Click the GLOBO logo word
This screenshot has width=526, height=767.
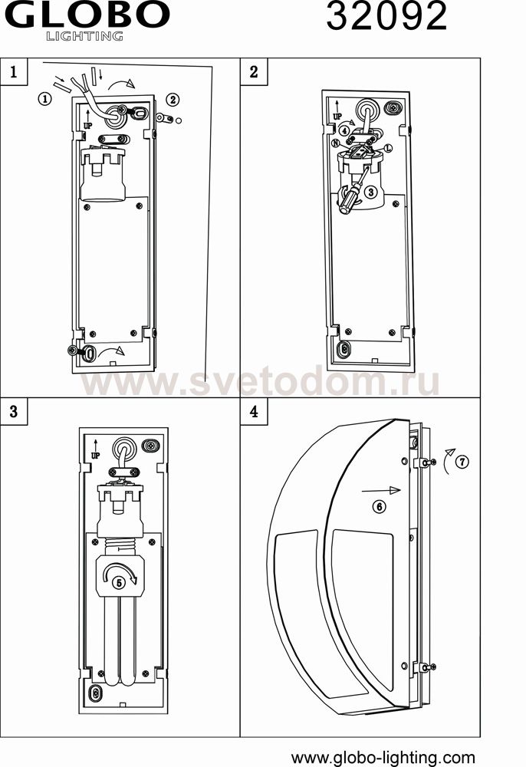coord(87,15)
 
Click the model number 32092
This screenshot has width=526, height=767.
coord(386,15)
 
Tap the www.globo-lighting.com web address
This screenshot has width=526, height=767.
coord(383,758)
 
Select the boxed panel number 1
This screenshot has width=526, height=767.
coord(14,72)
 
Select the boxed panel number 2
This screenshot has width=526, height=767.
coord(254,72)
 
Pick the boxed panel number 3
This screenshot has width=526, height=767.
coord(14,411)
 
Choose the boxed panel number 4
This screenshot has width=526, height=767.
coord(254,411)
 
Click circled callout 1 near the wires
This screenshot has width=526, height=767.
coord(44,99)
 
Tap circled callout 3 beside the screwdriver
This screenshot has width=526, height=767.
coord(370,192)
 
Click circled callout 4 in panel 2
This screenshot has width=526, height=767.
coord(344,131)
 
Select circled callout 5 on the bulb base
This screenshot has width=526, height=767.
coord(120,582)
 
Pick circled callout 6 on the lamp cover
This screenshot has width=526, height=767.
coord(380,506)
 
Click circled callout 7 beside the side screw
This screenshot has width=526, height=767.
coord(462,461)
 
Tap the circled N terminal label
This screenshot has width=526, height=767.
coord(335,143)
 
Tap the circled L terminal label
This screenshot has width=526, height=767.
coord(389,147)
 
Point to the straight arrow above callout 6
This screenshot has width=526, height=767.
coord(381,490)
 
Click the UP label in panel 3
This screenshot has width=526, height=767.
coord(95,456)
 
